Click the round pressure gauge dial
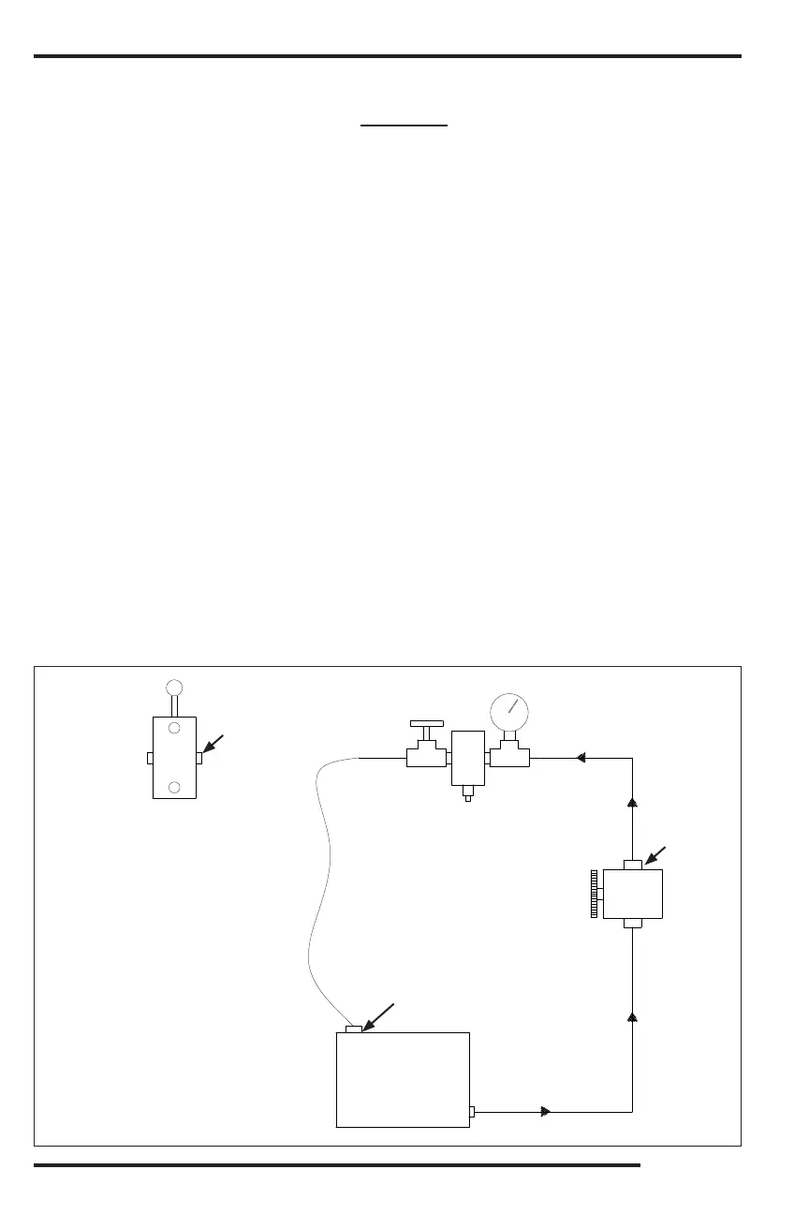pyautogui.click(x=509, y=713)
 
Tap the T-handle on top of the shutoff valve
pyautogui.click(x=427, y=725)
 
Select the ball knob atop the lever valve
pyautogui.click(x=174, y=687)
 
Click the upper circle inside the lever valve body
pyautogui.click(x=174, y=728)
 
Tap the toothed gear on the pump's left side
pyautogui.click(x=595, y=895)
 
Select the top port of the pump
pyautogui.click(x=633, y=864)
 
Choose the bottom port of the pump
pyautogui.click(x=633, y=924)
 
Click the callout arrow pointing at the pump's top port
pyautogui.click(x=655, y=854)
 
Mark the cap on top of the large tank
pyautogui.click(x=353, y=1029)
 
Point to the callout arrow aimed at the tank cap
pyautogui.click(x=378, y=1016)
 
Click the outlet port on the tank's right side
pyautogui.click(x=472, y=1112)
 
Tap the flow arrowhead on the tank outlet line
pyautogui.click(x=546, y=1112)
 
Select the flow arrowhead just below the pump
pyautogui.click(x=633, y=1015)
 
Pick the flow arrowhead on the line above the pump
pyautogui.click(x=633, y=803)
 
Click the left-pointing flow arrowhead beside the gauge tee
pyautogui.click(x=581, y=758)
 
